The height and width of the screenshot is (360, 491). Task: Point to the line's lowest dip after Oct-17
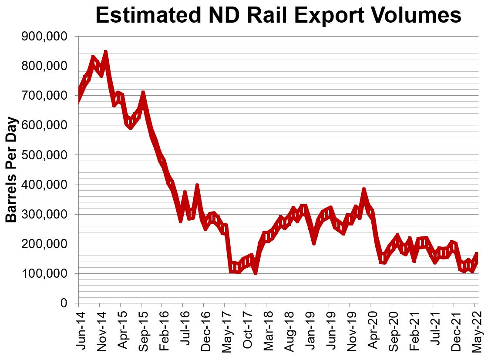click(x=256, y=273)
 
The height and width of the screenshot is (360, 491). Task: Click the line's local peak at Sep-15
click(x=142, y=93)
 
